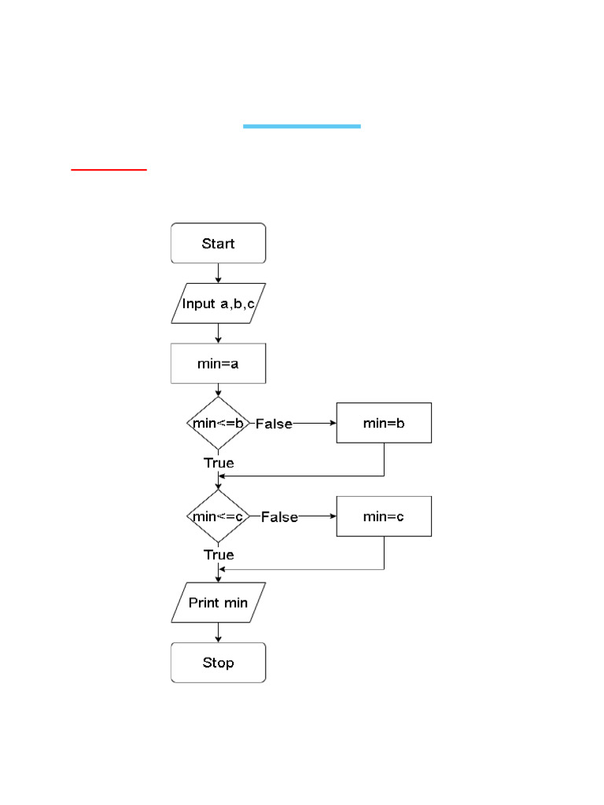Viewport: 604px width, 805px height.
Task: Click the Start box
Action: point(218,243)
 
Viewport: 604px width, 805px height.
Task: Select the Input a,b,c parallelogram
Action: point(218,303)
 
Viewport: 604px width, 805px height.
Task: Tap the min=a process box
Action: point(218,364)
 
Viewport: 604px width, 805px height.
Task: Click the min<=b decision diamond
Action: point(218,423)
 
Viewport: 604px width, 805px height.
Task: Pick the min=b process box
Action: point(384,423)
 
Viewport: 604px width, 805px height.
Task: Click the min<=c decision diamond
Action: point(218,516)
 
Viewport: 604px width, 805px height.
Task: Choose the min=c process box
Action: point(384,516)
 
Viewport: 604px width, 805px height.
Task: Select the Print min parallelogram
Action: point(218,603)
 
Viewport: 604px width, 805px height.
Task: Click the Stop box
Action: point(218,663)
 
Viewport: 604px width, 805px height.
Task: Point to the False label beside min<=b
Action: point(274,424)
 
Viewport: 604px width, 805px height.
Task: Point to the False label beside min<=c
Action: point(279,517)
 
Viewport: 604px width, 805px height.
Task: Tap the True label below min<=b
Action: point(219,462)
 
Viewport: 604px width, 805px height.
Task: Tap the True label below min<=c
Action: point(219,554)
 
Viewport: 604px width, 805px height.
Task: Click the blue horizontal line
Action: point(301,126)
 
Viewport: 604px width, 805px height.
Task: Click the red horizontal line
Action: point(109,168)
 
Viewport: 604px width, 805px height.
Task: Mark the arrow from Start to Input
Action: point(218,273)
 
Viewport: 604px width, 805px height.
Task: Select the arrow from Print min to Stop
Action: point(218,633)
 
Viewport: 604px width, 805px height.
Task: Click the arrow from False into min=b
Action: point(315,423)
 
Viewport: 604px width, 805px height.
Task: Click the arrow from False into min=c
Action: point(318,516)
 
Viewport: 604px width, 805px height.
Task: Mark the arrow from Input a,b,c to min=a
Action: point(218,334)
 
